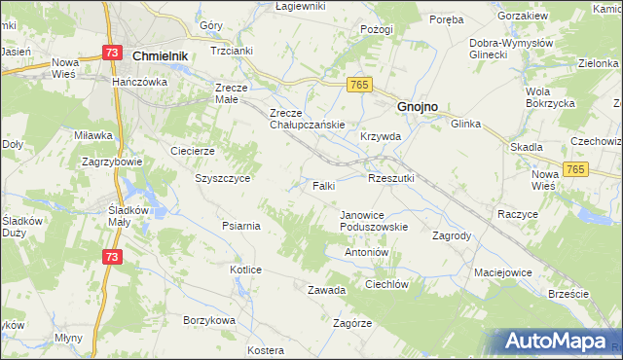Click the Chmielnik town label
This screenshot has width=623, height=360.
pyautogui.click(x=159, y=57)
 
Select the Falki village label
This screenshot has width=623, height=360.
pyautogui.click(x=324, y=185)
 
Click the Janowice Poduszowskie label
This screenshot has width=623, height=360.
pyautogui.click(x=374, y=221)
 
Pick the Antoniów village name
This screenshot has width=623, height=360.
pyautogui.click(x=367, y=252)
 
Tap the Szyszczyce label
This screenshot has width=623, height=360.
pyautogui.click(x=223, y=179)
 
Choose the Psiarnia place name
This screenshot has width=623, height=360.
pyautogui.click(x=240, y=227)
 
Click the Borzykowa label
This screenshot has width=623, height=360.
pyautogui.click(x=209, y=320)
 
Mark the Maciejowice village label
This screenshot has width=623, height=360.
pyautogui.click(x=503, y=272)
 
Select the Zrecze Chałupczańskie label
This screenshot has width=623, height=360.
pyautogui.click(x=308, y=118)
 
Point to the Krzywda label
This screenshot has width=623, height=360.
pyautogui.click(x=381, y=137)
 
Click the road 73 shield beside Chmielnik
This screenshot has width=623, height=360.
pyautogui.click(x=114, y=53)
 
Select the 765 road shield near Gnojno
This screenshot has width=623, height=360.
pyautogui.click(x=357, y=86)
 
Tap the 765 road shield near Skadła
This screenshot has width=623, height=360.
pyautogui.click(x=577, y=169)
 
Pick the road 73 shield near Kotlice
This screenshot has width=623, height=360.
pyautogui.click(x=113, y=256)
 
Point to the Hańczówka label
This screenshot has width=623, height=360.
pyautogui.click(x=140, y=83)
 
